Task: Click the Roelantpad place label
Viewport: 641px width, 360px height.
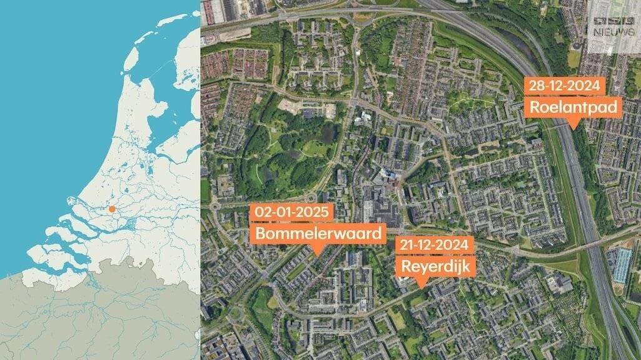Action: point(574,108)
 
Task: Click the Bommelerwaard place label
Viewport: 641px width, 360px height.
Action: point(318,234)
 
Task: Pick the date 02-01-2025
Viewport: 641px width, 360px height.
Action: point(290,212)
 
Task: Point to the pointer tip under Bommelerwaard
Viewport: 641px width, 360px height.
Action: point(318,254)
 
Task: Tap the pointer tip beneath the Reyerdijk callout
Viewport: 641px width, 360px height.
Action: point(422,286)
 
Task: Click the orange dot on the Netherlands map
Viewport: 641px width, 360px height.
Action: point(111,209)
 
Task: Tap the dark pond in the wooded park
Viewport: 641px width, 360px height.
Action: point(326,132)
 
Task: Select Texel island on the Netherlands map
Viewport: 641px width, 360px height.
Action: point(131,59)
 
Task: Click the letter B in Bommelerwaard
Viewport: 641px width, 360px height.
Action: point(259,234)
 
